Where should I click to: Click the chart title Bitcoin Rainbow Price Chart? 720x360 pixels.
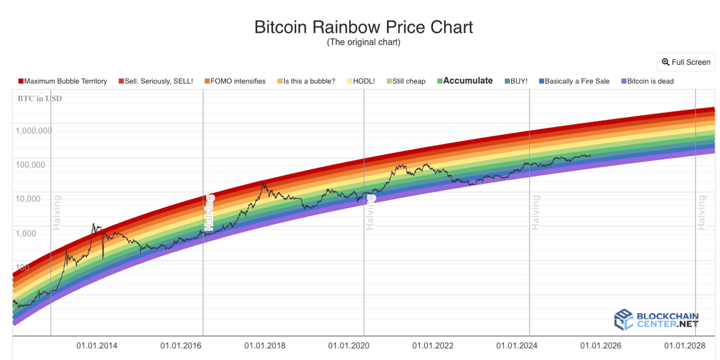[363, 27]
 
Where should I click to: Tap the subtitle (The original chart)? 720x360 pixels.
[363, 42]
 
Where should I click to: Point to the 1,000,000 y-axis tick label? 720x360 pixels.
[34, 131]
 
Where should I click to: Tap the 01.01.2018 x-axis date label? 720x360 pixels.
[265, 346]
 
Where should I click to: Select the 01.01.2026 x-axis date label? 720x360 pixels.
[600, 346]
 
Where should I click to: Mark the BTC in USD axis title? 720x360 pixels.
[38, 99]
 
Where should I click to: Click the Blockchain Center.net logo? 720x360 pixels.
[656, 320]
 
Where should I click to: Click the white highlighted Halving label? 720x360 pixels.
[209, 212]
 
